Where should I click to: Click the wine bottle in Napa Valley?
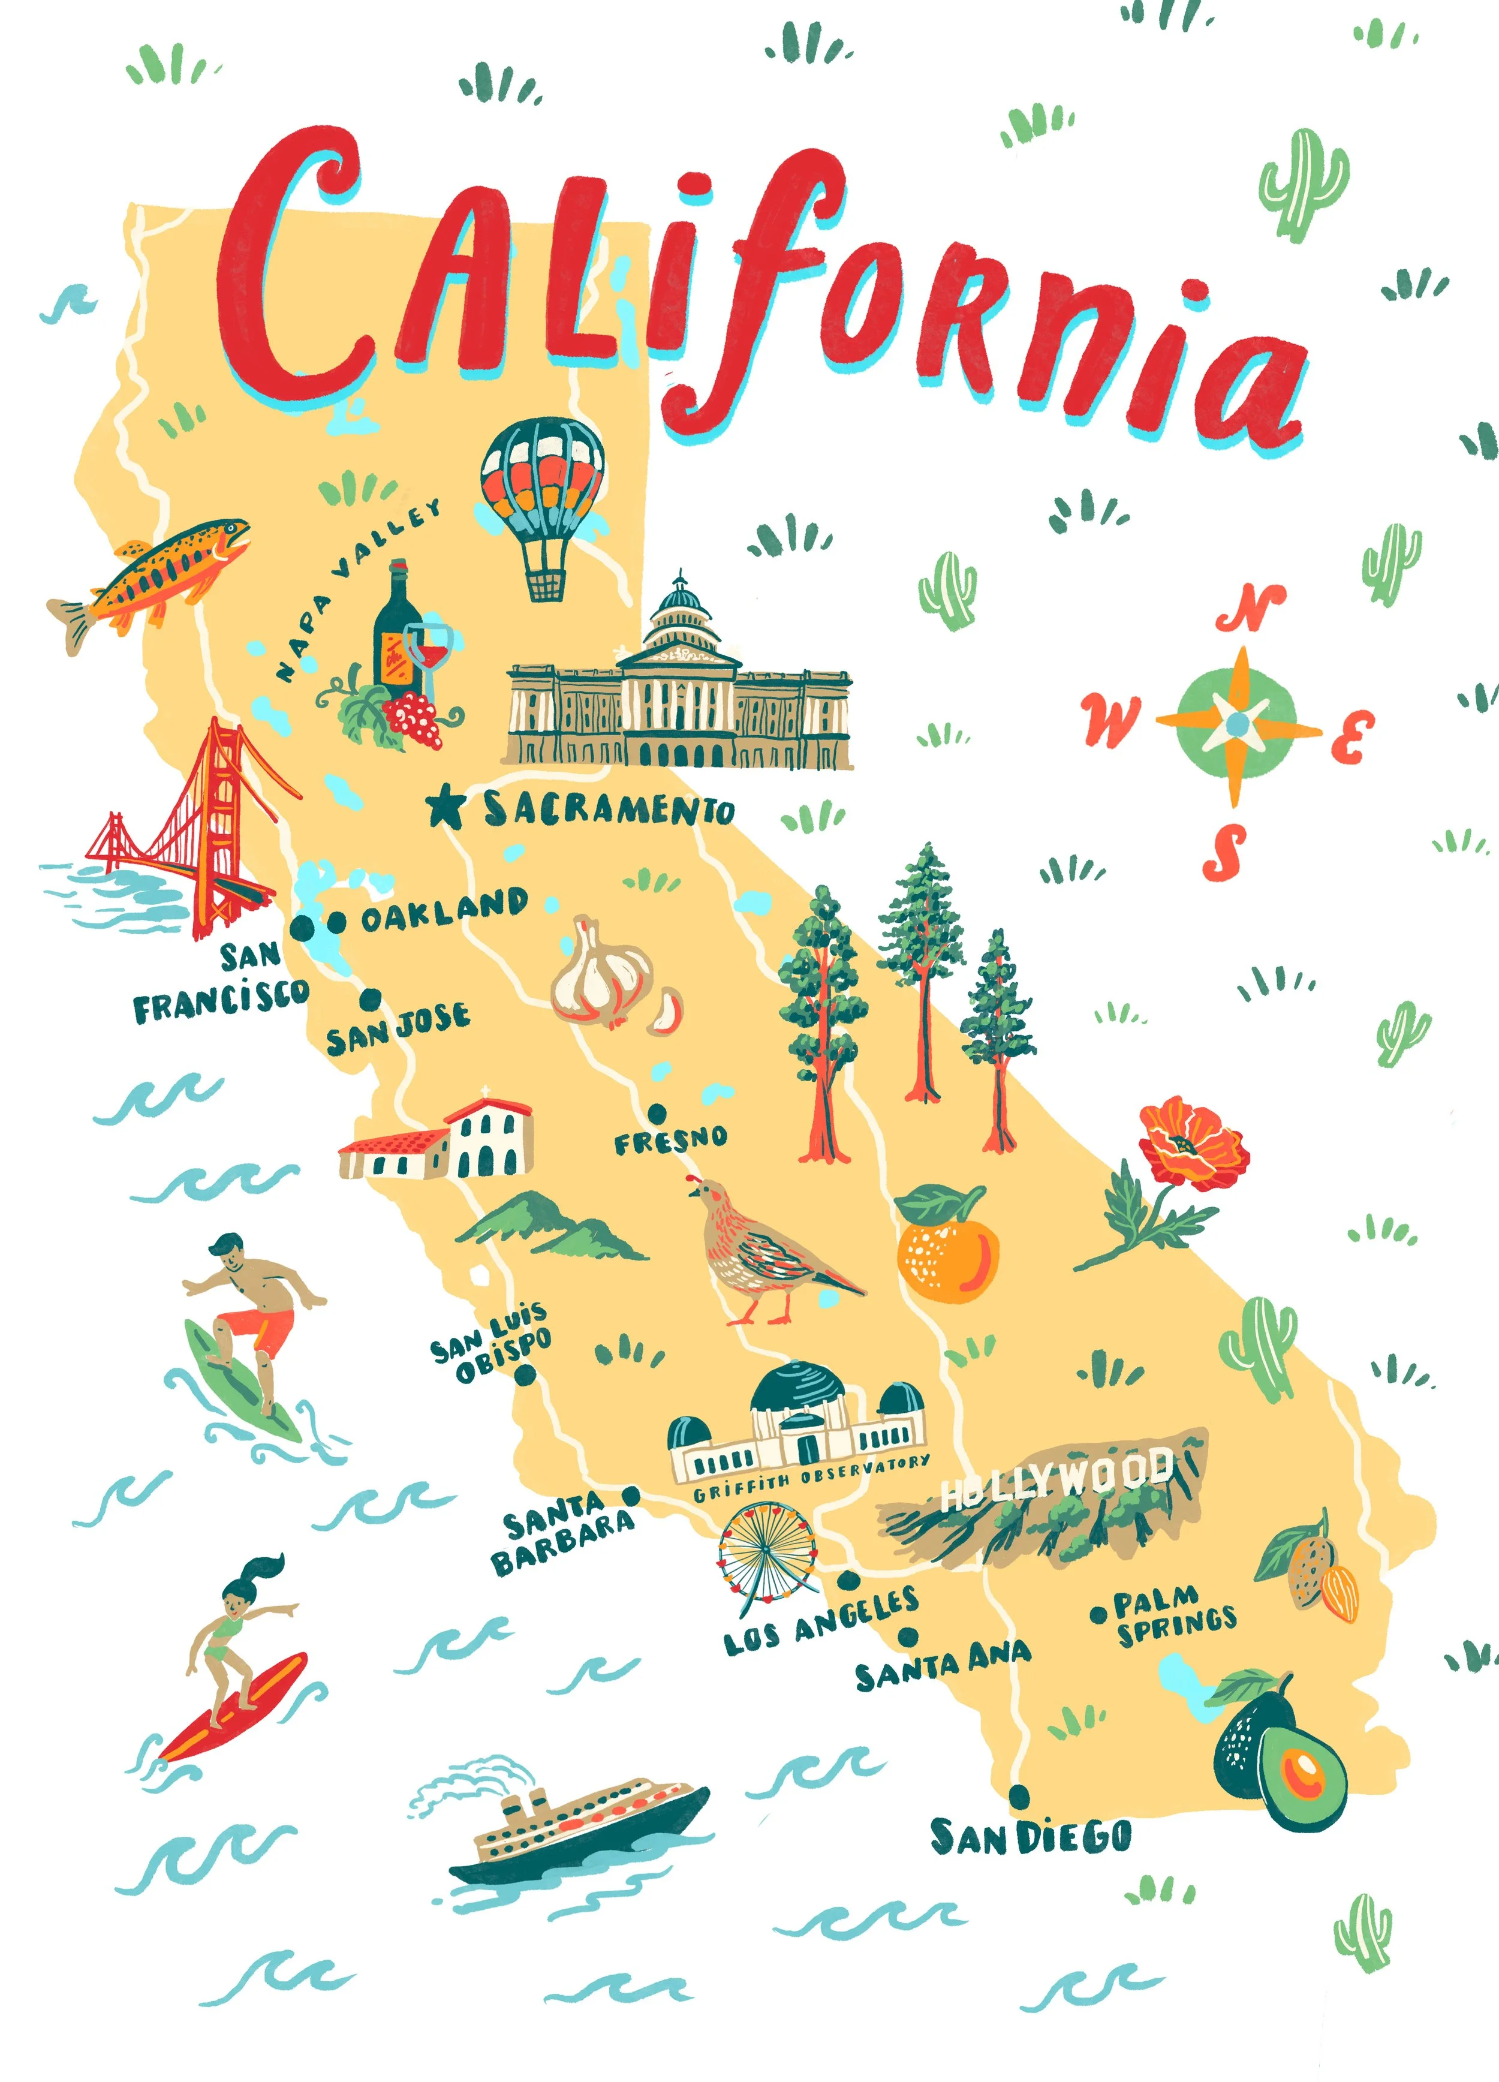(396, 633)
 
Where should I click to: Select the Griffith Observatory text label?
(811, 1480)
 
